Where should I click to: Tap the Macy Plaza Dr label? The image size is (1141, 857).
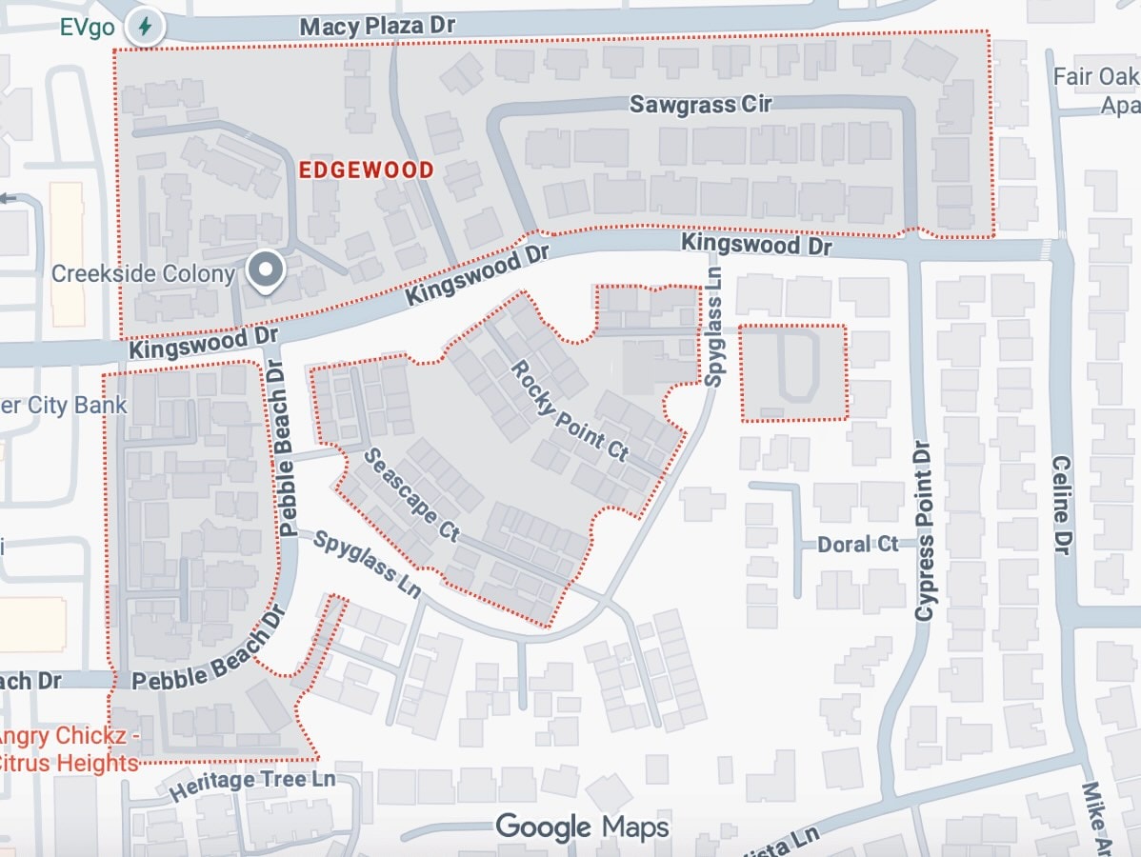click(377, 26)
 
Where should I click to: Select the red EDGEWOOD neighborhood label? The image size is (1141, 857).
click(367, 170)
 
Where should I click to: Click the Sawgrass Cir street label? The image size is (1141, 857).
click(700, 104)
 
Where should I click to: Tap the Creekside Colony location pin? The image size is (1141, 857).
click(266, 270)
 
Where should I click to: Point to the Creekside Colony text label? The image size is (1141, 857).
click(143, 274)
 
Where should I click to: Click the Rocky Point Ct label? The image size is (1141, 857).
click(570, 410)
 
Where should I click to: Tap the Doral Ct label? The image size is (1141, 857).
click(857, 545)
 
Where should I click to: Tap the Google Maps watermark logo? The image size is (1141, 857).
click(582, 826)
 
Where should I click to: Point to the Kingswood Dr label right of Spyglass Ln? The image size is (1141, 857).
click(756, 246)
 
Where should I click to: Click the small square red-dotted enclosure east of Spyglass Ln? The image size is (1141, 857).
click(793, 372)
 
